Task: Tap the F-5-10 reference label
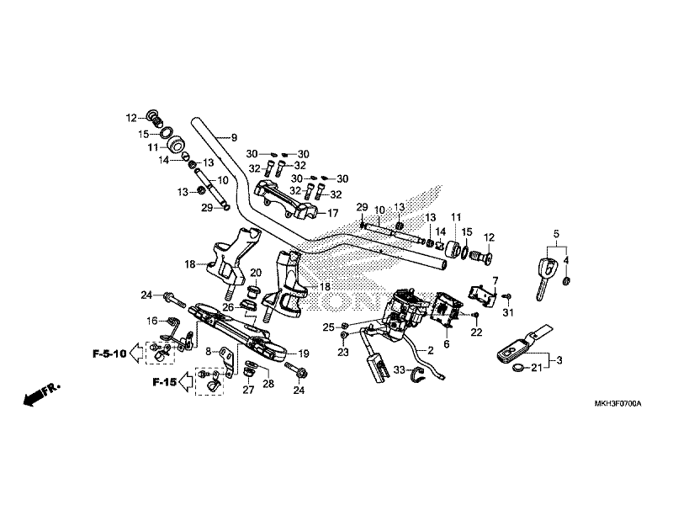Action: pyautogui.click(x=109, y=354)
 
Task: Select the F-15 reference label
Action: pyautogui.click(x=165, y=382)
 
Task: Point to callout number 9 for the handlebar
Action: pyautogui.click(x=235, y=137)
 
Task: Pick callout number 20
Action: pyautogui.click(x=257, y=273)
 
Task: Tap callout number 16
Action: pyautogui.click(x=151, y=321)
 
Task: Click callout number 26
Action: pyautogui.click(x=228, y=308)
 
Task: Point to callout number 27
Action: pyautogui.click(x=247, y=391)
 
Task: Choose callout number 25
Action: pyautogui.click(x=329, y=327)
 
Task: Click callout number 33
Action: pyautogui.click(x=400, y=369)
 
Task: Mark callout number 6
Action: pyautogui.click(x=446, y=344)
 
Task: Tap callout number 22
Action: pyautogui.click(x=476, y=333)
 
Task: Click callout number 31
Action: pyautogui.click(x=507, y=314)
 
